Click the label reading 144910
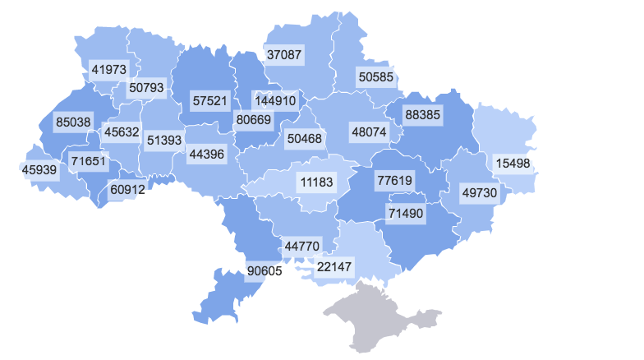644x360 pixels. pyautogui.click(x=276, y=100)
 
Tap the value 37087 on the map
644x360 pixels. pyautogui.click(x=284, y=56)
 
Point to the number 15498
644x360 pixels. pyautogui.click(x=513, y=164)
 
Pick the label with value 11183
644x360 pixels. pyautogui.click(x=317, y=182)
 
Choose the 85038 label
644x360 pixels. pyautogui.click(x=74, y=122)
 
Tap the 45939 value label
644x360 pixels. pyautogui.click(x=39, y=170)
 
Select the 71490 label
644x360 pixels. pyautogui.click(x=405, y=214)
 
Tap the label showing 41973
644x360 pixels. pyautogui.click(x=109, y=69)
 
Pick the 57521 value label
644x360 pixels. pyautogui.click(x=209, y=100)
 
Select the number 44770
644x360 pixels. pyautogui.click(x=302, y=245)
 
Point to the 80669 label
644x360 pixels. pyautogui.click(x=254, y=120)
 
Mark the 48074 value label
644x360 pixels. pyautogui.click(x=369, y=132)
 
